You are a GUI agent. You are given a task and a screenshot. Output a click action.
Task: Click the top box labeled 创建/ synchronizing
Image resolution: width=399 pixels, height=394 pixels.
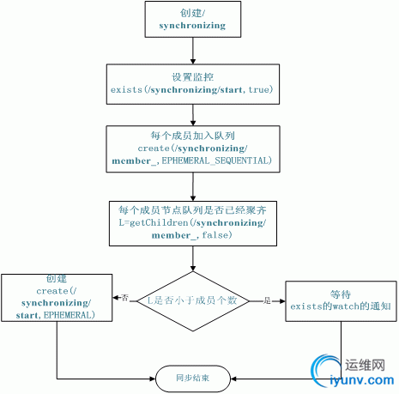(193, 19)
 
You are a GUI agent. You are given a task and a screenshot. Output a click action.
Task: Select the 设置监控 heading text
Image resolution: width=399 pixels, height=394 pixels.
(193, 75)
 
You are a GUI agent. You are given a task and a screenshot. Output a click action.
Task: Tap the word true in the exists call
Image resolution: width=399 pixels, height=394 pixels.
(259, 89)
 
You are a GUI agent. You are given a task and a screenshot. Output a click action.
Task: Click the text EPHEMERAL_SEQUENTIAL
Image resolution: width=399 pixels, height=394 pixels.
(218, 161)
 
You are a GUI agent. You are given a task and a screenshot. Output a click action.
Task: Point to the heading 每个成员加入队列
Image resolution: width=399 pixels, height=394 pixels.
(192, 135)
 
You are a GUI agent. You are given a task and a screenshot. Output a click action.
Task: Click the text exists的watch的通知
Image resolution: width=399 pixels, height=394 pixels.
(341, 306)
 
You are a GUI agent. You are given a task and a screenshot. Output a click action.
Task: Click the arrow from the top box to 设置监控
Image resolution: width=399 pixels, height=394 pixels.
(192, 51)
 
